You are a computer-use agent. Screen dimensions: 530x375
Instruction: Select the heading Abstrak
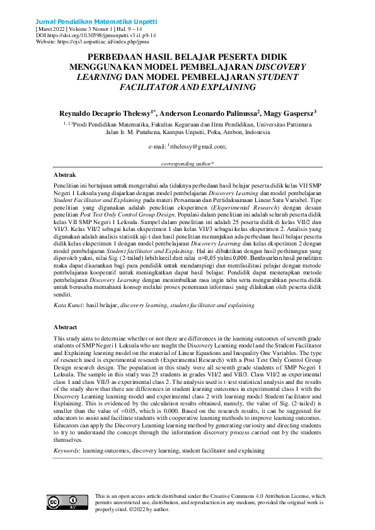coord(65,174)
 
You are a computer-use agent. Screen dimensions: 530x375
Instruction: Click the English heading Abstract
coord(66,327)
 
